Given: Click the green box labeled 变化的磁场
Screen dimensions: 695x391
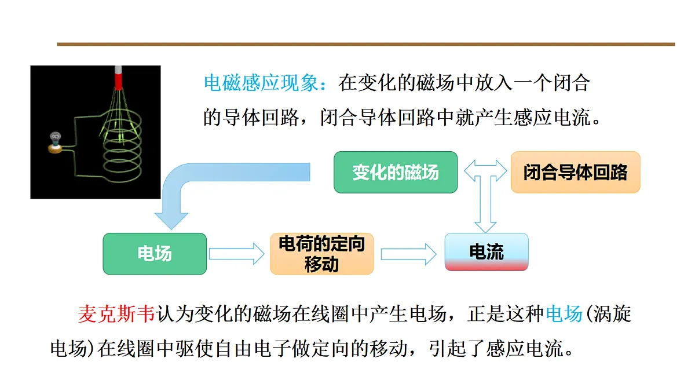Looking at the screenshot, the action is pyautogui.click(x=396, y=172).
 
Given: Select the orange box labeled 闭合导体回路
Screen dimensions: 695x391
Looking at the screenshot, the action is pyautogui.click(x=576, y=172).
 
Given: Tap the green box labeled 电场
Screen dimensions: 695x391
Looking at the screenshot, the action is pyautogui.click(x=155, y=254).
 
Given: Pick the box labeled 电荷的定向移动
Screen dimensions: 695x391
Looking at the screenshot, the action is pyautogui.click(x=322, y=254).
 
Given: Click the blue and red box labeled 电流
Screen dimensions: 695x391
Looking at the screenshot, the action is pyautogui.click(x=487, y=252).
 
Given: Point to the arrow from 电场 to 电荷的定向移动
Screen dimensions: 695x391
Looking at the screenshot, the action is pyautogui.click(x=237, y=254).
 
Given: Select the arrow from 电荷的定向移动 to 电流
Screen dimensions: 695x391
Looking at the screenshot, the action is pyautogui.click(x=409, y=254).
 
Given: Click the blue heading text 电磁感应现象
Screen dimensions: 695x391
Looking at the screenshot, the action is pyautogui.click(x=261, y=83).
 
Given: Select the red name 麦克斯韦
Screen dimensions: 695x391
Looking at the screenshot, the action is pyautogui.click(x=116, y=314).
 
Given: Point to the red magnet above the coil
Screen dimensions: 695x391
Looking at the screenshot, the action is pyautogui.click(x=118, y=78).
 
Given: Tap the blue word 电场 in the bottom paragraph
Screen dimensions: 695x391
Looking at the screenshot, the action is pyautogui.click(x=564, y=314).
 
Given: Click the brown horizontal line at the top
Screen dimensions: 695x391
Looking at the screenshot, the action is pyautogui.click(x=366, y=45).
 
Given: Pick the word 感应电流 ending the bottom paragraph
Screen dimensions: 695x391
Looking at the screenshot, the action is pyautogui.click(x=525, y=349).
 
